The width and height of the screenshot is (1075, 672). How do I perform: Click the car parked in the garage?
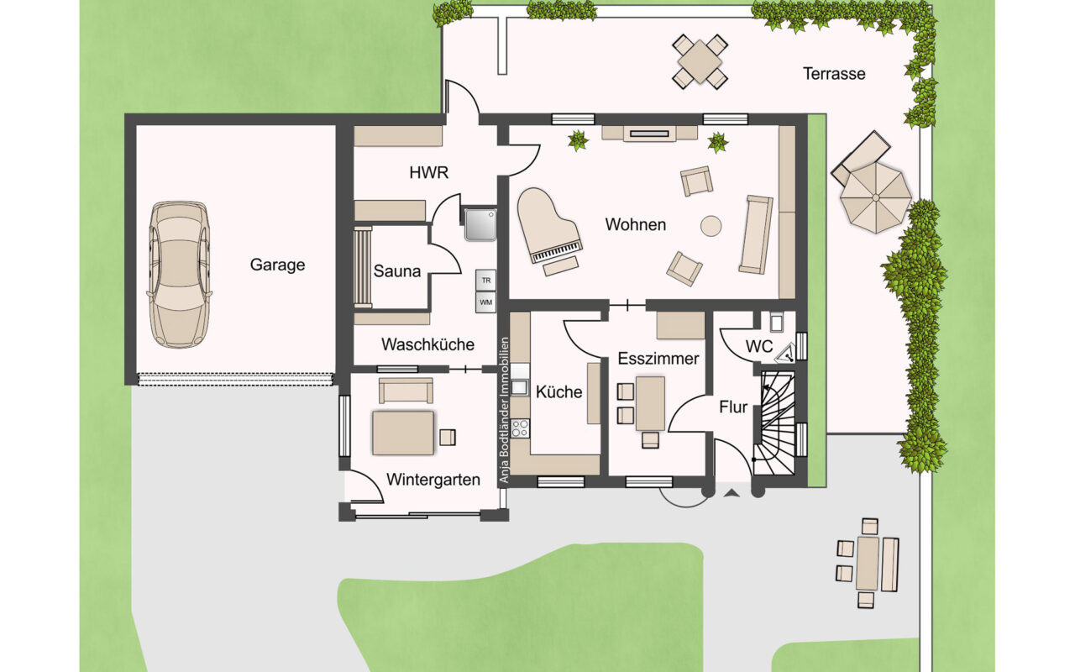[x=180, y=274]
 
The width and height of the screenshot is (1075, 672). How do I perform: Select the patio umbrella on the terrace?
[x=876, y=197]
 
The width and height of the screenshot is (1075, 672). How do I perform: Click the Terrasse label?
[x=834, y=74]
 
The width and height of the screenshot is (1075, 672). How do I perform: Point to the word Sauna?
[x=397, y=271]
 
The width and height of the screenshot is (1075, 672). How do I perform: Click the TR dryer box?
[x=485, y=281]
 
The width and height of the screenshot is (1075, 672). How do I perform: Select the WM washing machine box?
[x=485, y=302]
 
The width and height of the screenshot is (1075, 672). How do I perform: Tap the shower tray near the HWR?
[x=480, y=224]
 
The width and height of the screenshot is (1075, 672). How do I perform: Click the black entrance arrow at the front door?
[x=731, y=492]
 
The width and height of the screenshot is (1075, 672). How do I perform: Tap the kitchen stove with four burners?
[x=520, y=428]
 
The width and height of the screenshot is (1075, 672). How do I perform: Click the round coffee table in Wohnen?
[x=711, y=226]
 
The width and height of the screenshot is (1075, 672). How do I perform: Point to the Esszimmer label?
[x=658, y=359]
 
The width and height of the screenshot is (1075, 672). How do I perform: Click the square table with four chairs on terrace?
[x=700, y=62]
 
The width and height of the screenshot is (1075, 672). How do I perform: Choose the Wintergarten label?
[x=433, y=480]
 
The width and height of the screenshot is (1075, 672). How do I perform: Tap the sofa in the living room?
[x=756, y=234]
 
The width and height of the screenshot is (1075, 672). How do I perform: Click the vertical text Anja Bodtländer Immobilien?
[x=503, y=410]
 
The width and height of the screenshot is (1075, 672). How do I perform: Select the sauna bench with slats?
[x=364, y=267]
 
